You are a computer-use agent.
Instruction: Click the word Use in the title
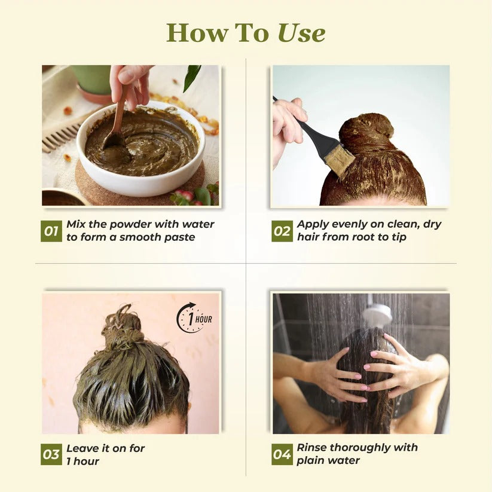(301, 33)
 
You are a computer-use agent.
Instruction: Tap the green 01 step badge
(51, 231)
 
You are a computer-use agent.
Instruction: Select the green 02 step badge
(282, 231)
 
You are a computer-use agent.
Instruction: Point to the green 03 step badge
(51, 454)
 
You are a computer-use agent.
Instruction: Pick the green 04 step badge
(282, 454)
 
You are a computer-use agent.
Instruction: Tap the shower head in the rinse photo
(377, 313)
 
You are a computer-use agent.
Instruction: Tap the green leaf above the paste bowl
(191, 78)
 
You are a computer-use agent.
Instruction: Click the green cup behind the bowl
(92, 81)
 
